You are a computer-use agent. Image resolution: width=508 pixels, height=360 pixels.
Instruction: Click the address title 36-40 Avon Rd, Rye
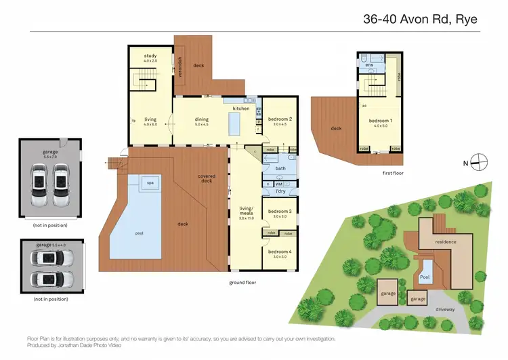click(x=420, y=19)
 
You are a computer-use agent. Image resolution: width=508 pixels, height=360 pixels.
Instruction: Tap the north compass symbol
click(x=480, y=162)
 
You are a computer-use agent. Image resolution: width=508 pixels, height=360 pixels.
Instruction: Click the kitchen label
click(x=241, y=108)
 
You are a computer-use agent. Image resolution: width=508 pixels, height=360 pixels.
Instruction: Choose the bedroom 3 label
click(x=280, y=212)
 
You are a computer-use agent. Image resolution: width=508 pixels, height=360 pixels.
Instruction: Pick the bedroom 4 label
click(x=280, y=252)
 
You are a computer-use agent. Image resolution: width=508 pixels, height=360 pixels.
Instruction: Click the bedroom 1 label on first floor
click(x=380, y=121)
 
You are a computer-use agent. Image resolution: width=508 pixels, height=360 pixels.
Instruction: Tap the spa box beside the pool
click(x=149, y=182)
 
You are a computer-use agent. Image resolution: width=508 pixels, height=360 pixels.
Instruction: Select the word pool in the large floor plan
click(x=140, y=233)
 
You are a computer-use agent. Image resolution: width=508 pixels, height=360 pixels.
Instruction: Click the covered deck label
click(x=207, y=178)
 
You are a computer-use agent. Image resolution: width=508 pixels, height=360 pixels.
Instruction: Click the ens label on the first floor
click(x=370, y=65)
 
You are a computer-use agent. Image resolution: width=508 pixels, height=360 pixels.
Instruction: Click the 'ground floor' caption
click(x=242, y=282)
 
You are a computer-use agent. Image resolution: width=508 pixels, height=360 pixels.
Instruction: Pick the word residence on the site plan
click(x=445, y=242)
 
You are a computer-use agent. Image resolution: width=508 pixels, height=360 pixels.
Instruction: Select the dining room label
click(x=203, y=119)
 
